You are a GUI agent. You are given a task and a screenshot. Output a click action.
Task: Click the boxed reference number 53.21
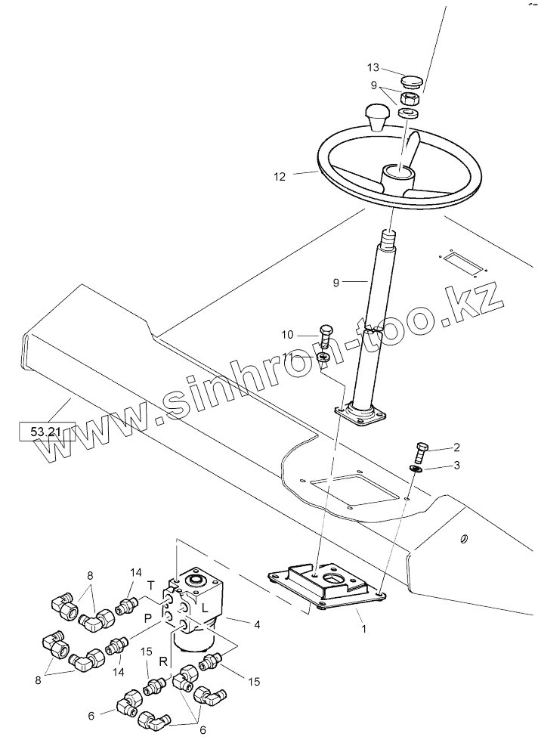46,432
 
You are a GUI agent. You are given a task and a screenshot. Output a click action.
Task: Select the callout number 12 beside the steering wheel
280,177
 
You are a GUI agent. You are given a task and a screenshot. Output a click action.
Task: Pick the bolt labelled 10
326,334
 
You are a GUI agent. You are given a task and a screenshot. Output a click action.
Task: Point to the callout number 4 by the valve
257,624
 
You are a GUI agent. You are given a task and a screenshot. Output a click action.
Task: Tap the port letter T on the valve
150,587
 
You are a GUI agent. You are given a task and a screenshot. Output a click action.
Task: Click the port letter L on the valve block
205,608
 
